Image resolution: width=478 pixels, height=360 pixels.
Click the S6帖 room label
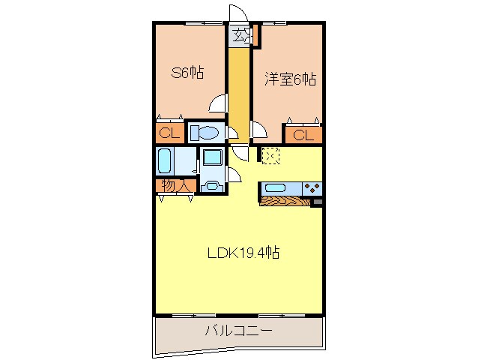pyautogui.click(x=188, y=73)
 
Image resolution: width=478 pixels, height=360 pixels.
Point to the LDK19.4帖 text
pyautogui.click(x=243, y=253)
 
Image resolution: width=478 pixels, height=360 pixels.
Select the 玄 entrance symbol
pyautogui.click(x=239, y=34)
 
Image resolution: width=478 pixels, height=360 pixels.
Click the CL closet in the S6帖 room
pyautogui.click(x=169, y=134)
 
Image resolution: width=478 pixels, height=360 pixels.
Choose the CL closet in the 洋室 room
pyautogui.click(x=302, y=135)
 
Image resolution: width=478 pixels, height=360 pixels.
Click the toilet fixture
pyautogui.click(x=204, y=133)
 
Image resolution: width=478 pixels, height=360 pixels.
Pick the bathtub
pyautogui.click(x=166, y=160)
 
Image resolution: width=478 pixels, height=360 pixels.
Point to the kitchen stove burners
pyautogui.click(x=312, y=187)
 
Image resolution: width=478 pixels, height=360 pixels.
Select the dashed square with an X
pyautogui.click(x=270, y=155)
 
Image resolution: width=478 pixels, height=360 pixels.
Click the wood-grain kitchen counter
pyautogui.click(x=285, y=201)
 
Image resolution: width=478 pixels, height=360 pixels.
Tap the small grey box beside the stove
pyautogui.click(x=318, y=201)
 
